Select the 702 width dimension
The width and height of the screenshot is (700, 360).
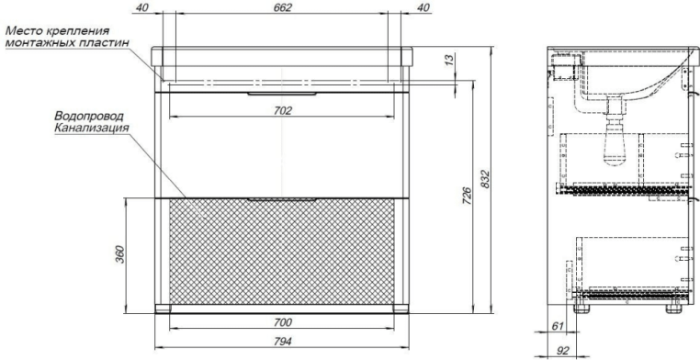click(283, 110)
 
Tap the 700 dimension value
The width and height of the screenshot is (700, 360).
click(283, 322)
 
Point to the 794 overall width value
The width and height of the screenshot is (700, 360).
click(283, 342)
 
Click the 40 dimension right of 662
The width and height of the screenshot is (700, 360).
click(423, 8)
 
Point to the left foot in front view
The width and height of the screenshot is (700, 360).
click(164, 308)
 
